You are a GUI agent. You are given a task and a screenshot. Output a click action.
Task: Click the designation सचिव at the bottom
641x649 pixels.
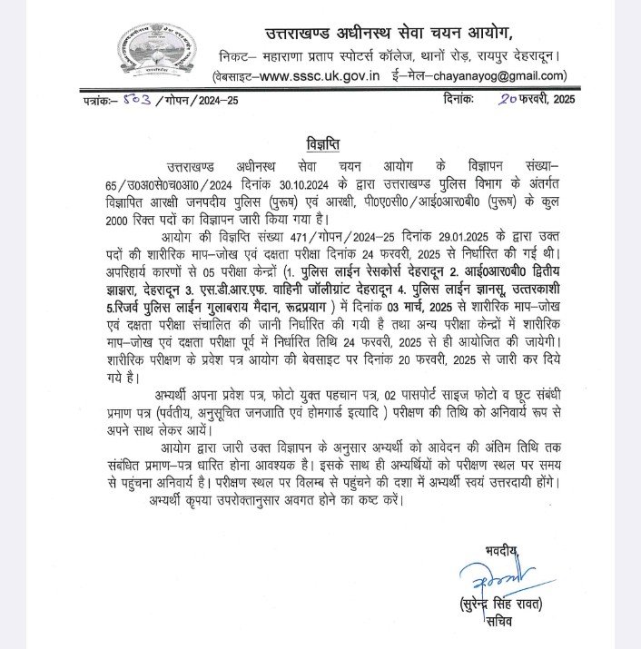(498, 622)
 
